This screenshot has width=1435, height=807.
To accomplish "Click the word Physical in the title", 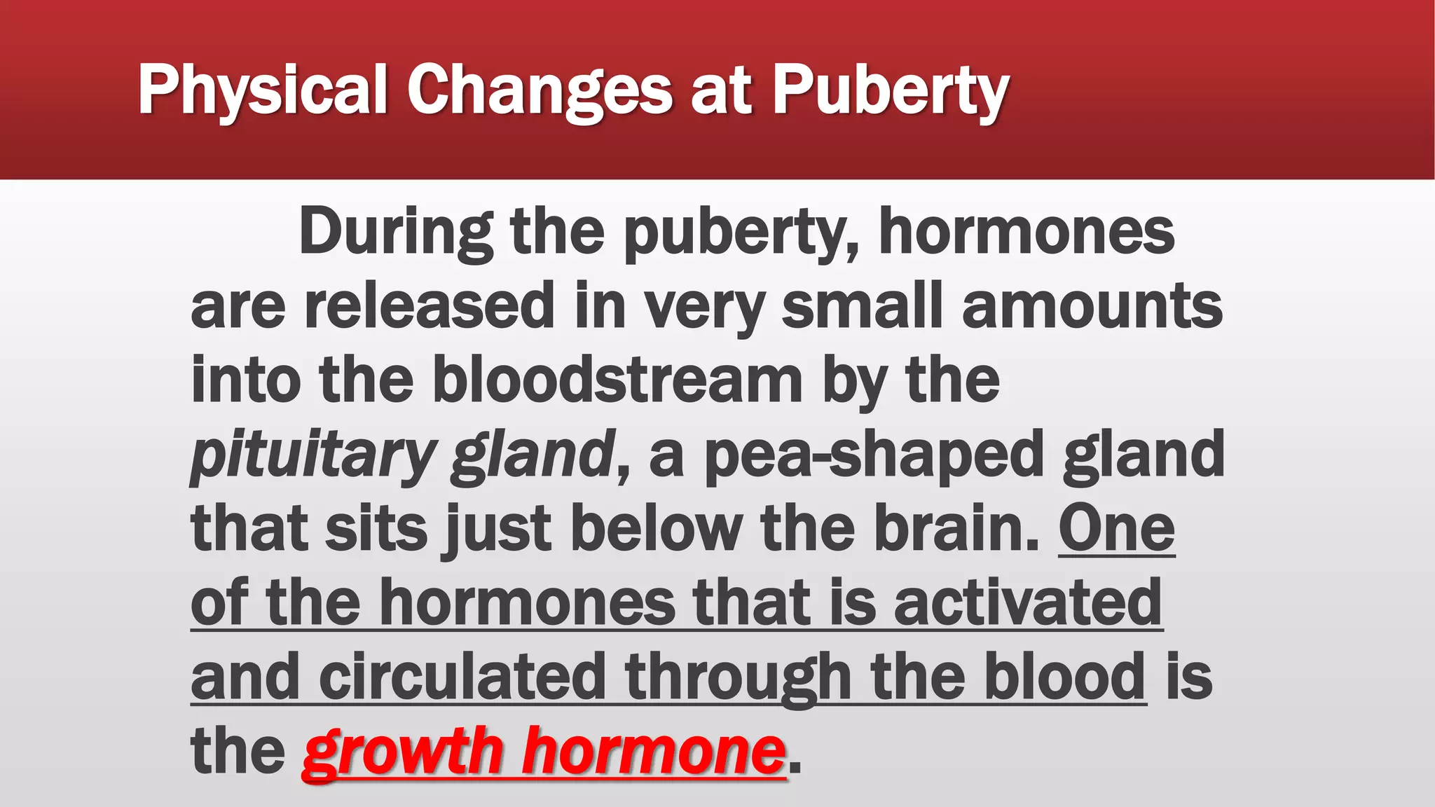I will [x=263, y=90].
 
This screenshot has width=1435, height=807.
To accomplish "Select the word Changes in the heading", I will [x=540, y=90].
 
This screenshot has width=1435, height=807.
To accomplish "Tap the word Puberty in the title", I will [x=890, y=90].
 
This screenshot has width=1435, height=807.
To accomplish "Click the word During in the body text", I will [x=396, y=232].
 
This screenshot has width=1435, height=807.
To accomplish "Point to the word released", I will [x=430, y=305].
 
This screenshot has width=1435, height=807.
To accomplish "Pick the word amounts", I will [x=1092, y=305].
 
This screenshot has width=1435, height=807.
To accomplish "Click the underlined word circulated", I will [x=462, y=677].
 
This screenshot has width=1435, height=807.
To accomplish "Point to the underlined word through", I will [x=738, y=677].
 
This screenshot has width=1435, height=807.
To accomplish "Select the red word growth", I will [x=403, y=751].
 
